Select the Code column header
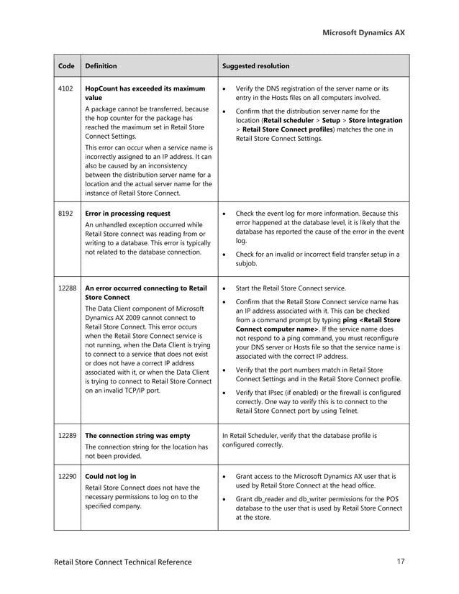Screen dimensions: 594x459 (x=65, y=66)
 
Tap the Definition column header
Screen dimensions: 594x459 (x=101, y=66)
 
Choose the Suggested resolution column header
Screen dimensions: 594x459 (x=256, y=66)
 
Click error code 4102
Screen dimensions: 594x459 (x=65, y=89)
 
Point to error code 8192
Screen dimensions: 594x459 (x=65, y=214)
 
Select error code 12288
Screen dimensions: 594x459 (x=67, y=288)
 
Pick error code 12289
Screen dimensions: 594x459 (x=67, y=436)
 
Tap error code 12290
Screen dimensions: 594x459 (x=67, y=476)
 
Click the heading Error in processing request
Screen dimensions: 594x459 (x=127, y=214)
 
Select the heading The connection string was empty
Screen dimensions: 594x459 (x=137, y=436)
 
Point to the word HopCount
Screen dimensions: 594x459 (x=104, y=89)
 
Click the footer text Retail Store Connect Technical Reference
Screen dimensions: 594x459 (x=123, y=562)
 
